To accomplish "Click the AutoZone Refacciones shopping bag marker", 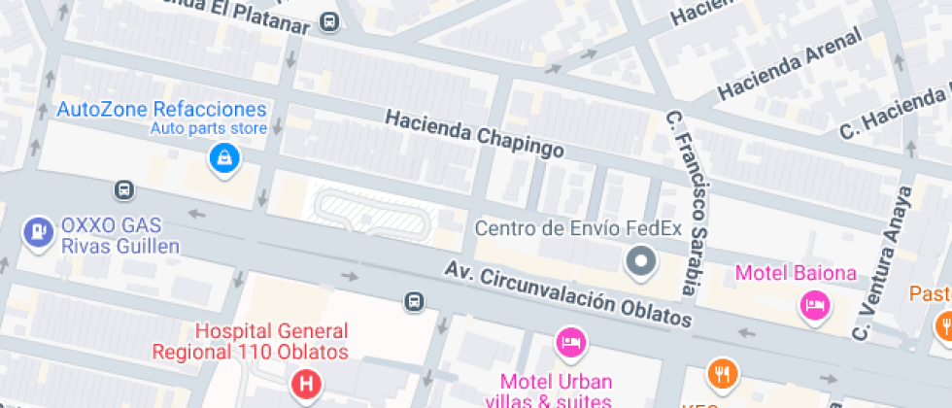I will point(224,157).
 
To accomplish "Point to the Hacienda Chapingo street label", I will point(474,133).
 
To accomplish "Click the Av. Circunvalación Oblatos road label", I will point(569,295).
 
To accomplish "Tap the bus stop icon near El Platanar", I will point(330,21).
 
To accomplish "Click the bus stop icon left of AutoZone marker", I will point(124,189).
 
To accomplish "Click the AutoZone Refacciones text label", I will point(161,109).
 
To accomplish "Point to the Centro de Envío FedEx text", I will point(578,229).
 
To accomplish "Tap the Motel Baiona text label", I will point(796,273).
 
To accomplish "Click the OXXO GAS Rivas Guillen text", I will point(120,236).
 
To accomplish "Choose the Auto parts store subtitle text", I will point(208,128).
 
